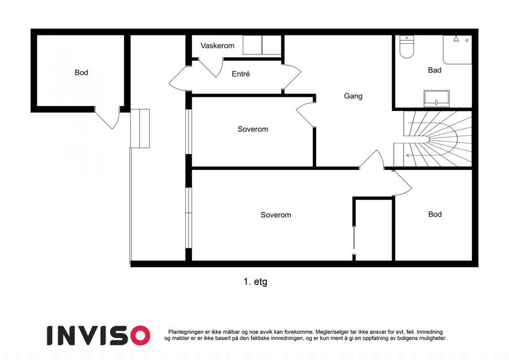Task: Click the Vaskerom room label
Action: pos(217,46)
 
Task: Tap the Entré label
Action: pos(240,74)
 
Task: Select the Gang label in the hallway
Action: pos(353,96)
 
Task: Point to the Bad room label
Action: pos(434,70)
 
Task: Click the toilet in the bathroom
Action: pos(406,47)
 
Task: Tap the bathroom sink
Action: pos(436,98)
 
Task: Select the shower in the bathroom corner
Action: pos(457,50)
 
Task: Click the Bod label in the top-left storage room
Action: pos(81,73)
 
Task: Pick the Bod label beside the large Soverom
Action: pos(435,214)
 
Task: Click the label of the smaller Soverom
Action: pos(252,129)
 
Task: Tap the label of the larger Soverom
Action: pos(276,215)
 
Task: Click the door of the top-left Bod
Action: pos(107,118)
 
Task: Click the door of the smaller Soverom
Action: pos(306,115)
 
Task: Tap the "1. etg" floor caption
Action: pos(255,281)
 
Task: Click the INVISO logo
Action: pos(98,335)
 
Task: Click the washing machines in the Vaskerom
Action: pos(261,45)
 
